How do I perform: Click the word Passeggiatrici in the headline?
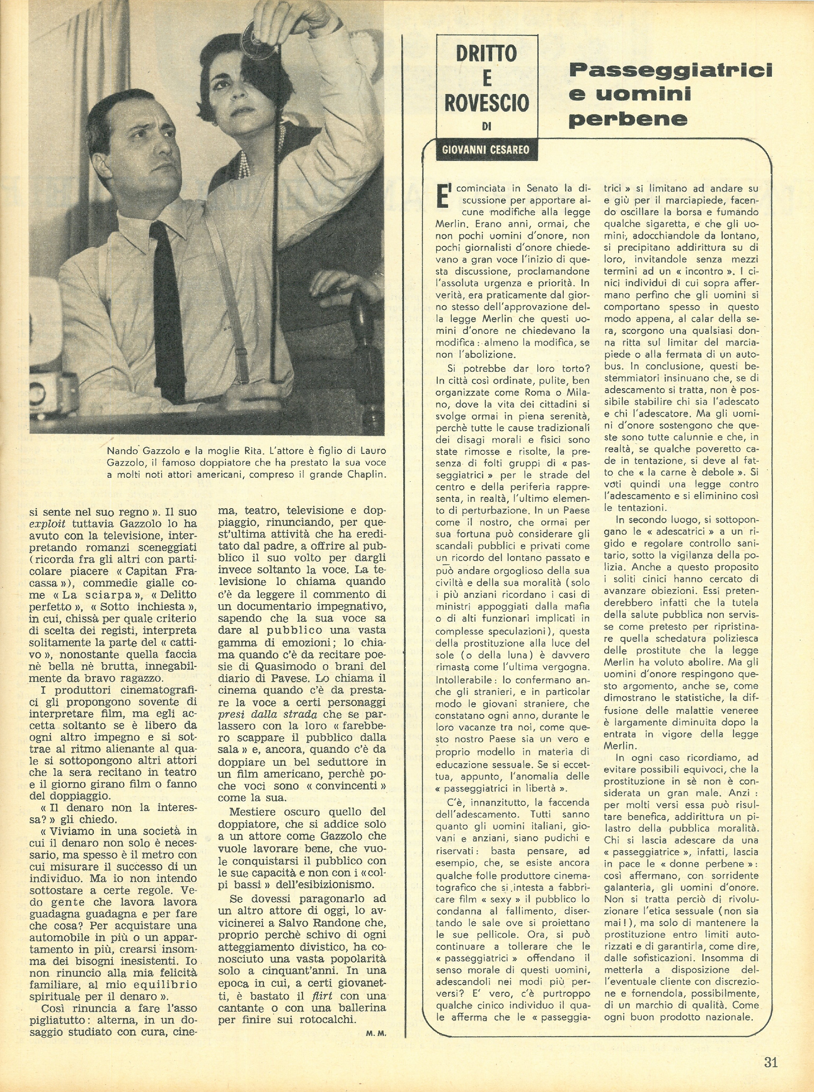tap(670, 70)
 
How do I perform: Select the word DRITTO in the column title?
tap(486, 53)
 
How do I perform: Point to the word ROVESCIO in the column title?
tap(486, 103)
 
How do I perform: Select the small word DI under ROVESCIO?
tap(486, 127)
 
